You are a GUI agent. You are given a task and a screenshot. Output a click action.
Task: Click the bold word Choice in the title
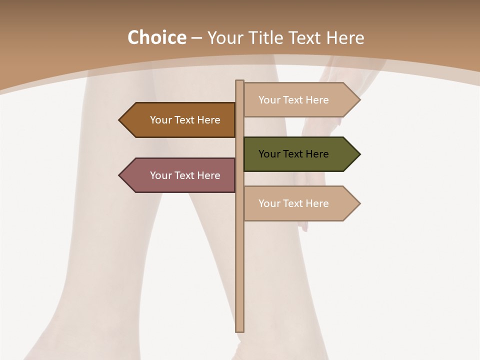click(156, 38)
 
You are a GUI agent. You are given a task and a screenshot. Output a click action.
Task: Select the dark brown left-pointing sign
click(180, 120)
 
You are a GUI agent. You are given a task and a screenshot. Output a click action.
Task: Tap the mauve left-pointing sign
click(180, 175)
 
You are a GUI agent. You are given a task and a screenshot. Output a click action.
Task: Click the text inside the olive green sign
click(293, 154)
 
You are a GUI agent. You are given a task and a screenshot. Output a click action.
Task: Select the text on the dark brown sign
click(185, 120)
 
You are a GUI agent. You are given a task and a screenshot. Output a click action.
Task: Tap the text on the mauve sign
click(185, 175)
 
